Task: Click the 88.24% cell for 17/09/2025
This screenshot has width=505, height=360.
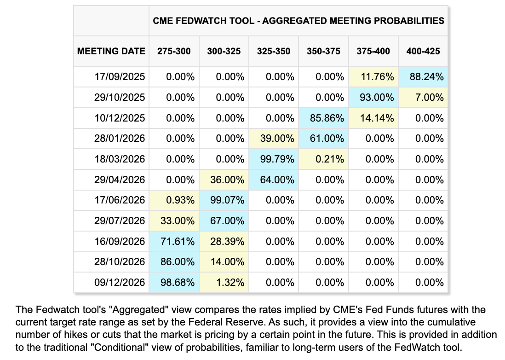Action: pyautogui.click(x=423, y=77)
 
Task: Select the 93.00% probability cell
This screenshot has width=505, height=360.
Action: pyautogui.click(x=373, y=97)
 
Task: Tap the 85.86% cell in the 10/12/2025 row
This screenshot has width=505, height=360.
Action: pyautogui.click(x=323, y=118)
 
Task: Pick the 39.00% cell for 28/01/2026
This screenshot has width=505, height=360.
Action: pyautogui.click(x=274, y=139)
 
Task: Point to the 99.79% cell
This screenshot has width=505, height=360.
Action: pyautogui.click(x=274, y=159)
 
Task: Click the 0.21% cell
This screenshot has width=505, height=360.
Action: pyautogui.click(x=323, y=159)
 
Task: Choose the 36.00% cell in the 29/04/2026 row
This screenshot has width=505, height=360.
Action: pyautogui.click(x=224, y=180)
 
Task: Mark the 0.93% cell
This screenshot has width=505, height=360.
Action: pyautogui.click(x=174, y=200)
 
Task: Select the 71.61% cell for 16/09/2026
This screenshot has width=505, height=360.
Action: pyautogui.click(x=174, y=241)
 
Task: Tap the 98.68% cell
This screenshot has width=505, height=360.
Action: pyautogui.click(x=174, y=283)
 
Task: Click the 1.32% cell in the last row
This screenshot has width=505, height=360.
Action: pyautogui.click(x=224, y=283)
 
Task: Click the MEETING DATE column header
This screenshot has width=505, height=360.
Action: pyautogui.click(x=111, y=51)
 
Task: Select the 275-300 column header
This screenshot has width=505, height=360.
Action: pyautogui.click(x=174, y=51)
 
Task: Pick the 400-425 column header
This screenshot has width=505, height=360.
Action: pyautogui.click(x=423, y=51)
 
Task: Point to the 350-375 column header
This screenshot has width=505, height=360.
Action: pyautogui.click(x=323, y=51)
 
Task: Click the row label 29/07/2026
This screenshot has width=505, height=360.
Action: pyautogui.click(x=120, y=221)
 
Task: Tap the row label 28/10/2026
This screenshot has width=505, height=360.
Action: pyautogui.click(x=120, y=261)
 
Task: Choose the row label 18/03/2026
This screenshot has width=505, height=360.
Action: pyautogui.click(x=120, y=159)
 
